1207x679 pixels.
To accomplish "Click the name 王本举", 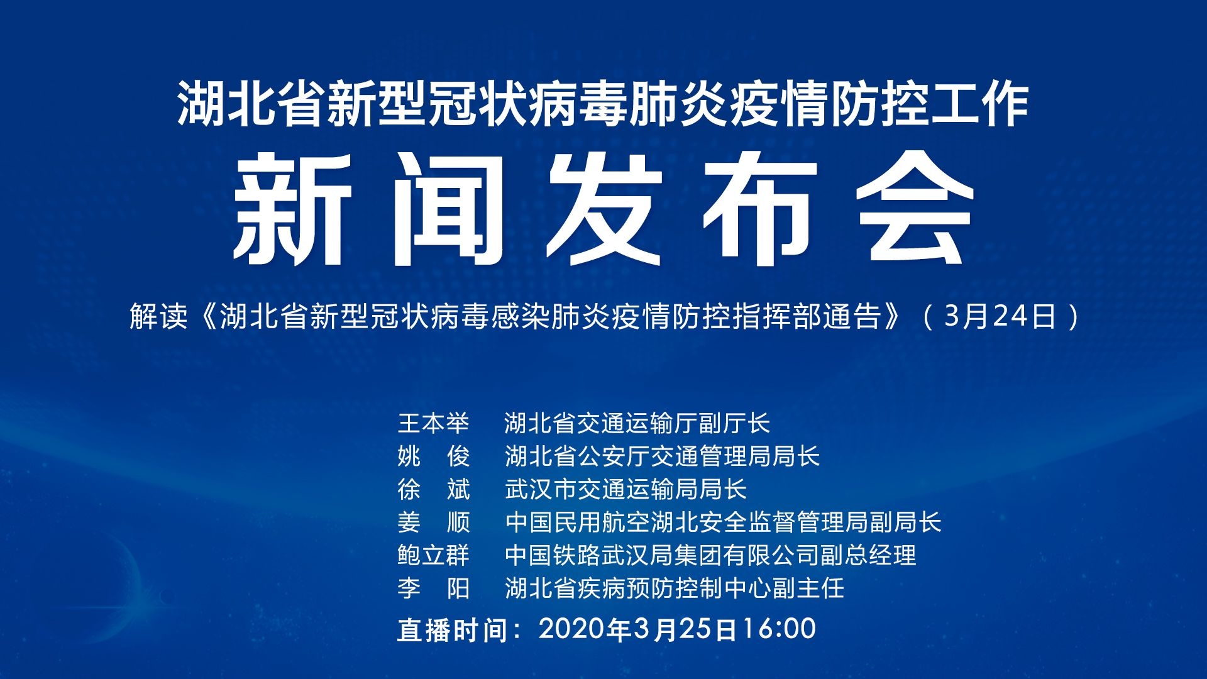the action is pyautogui.click(x=433, y=423).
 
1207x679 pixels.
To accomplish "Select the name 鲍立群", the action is pyautogui.click(x=433, y=555).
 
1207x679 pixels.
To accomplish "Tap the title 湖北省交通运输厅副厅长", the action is pyautogui.click(x=637, y=423).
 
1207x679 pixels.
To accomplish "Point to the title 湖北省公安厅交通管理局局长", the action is pyautogui.click(x=662, y=456).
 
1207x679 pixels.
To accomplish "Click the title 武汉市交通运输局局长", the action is pyautogui.click(x=626, y=489).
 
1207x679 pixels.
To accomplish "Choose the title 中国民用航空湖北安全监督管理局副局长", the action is pyautogui.click(x=723, y=522).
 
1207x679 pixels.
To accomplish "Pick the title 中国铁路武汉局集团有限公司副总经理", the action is pyautogui.click(x=710, y=555).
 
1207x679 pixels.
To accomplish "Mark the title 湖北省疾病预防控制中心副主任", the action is pyautogui.click(x=674, y=588).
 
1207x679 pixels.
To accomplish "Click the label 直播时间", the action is pyautogui.click(x=452, y=630).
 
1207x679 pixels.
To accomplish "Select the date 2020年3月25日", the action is pyautogui.click(x=637, y=629).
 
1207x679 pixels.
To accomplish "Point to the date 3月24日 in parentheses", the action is pyautogui.click(x=1000, y=316).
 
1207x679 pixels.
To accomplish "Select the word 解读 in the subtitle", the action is pyautogui.click(x=159, y=316).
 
